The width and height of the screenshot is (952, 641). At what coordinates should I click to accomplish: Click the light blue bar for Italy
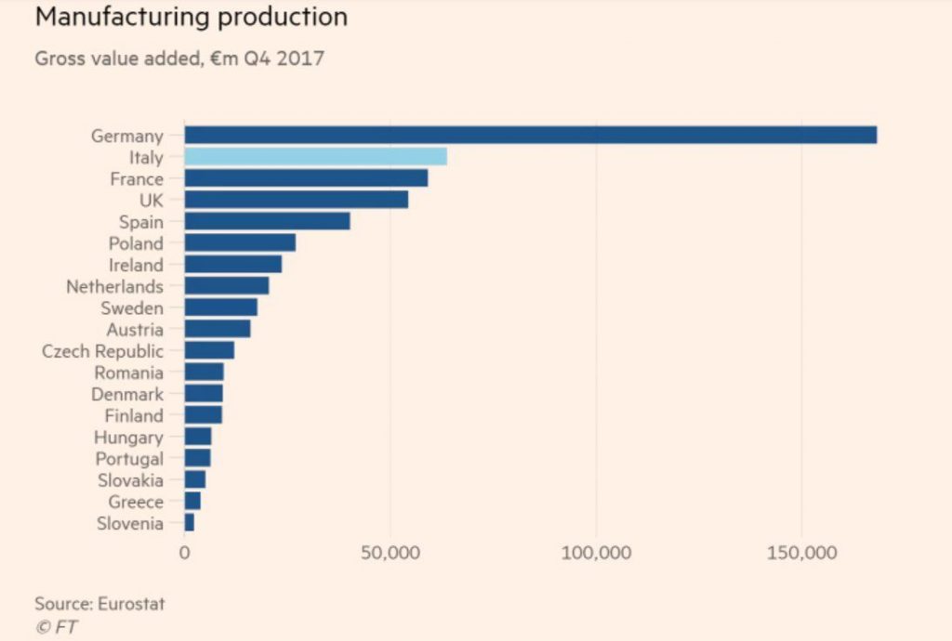(x=315, y=156)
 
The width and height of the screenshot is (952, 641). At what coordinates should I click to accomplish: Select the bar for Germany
(x=530, y=135)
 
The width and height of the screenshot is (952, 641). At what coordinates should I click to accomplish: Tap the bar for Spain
(x=267, y=221)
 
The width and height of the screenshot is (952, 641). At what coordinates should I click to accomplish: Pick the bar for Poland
(x=240, y=242)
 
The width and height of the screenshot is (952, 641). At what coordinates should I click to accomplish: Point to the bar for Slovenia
(x=190, y=523)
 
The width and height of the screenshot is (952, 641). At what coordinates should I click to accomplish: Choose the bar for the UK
(x=296, y=199)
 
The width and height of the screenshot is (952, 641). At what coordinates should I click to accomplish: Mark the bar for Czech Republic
(x=209, y=350)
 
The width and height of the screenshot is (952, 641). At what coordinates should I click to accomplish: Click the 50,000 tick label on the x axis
(x=390, y=553)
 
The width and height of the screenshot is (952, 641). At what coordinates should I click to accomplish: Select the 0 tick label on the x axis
(x=184, y=553)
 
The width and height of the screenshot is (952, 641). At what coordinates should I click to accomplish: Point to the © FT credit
(x=57, y=627)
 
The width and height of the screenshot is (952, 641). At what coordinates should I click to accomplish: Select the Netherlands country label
(x=114, y=286)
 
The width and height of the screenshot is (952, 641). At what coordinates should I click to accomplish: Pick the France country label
(x=136, y=178)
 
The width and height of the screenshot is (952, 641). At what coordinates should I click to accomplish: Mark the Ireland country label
(x=136, y=265)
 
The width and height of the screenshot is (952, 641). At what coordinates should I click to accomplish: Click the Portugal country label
(x=129, y=459)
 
